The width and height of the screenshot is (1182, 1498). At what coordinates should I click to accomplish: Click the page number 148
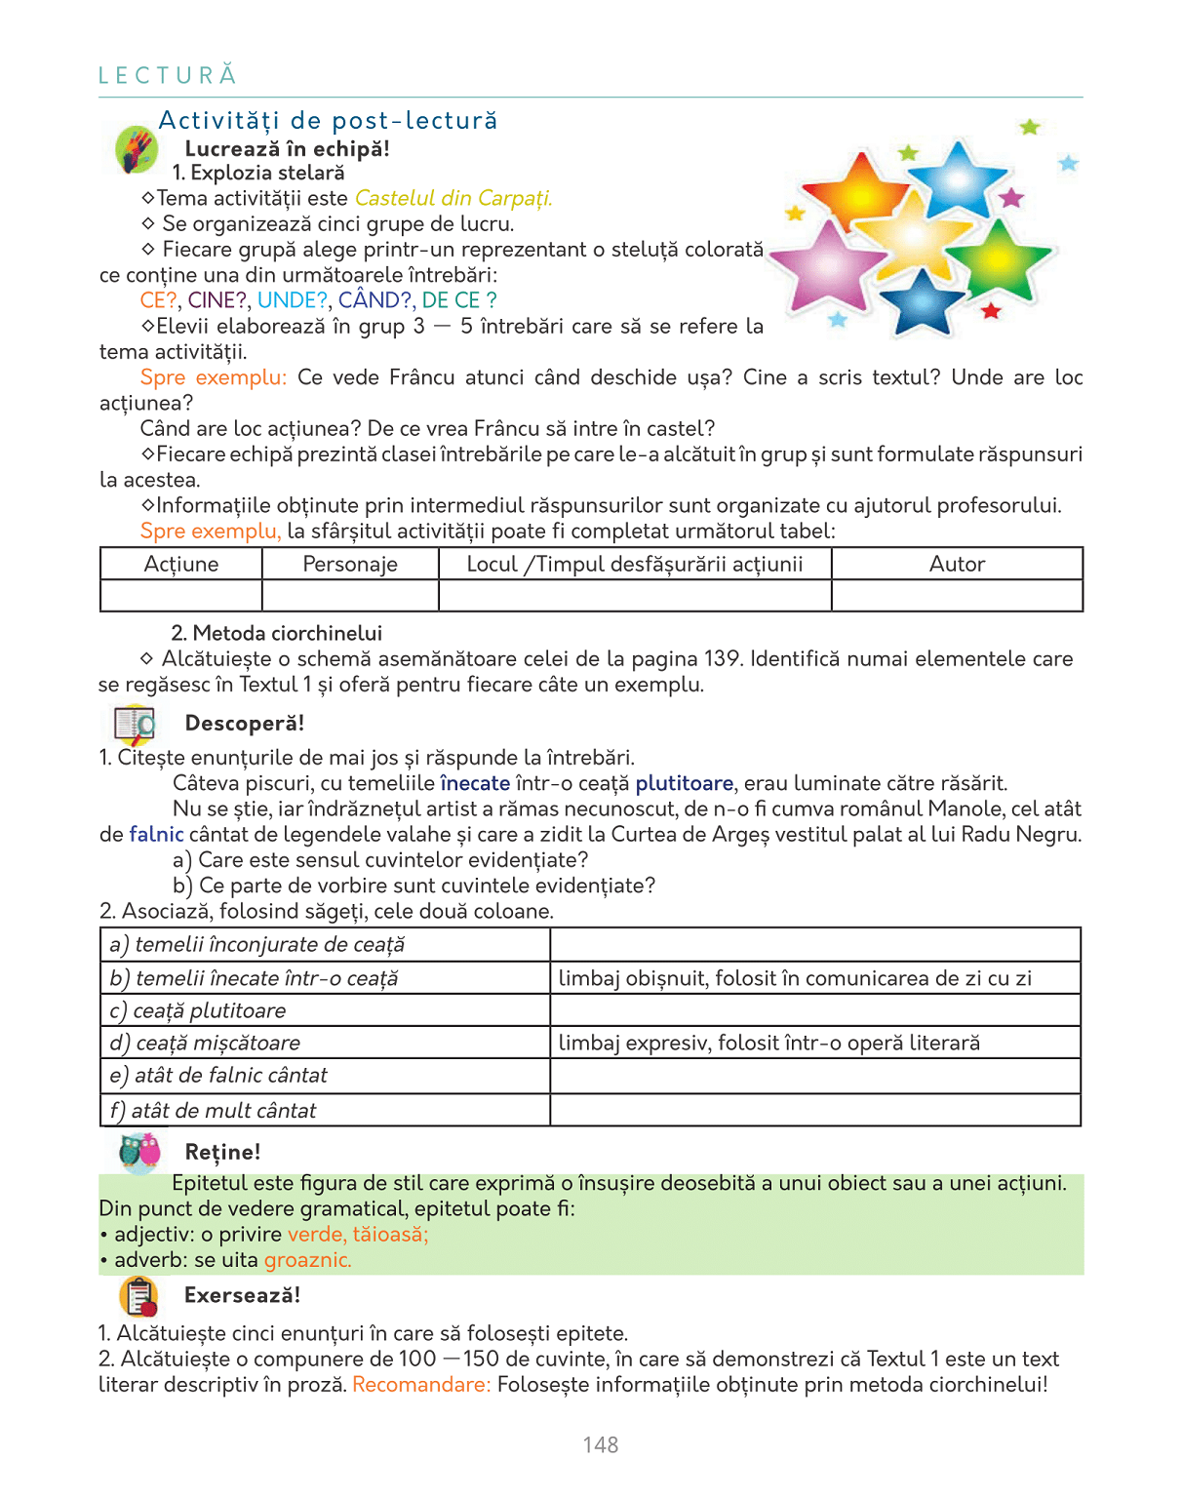point(601,1445)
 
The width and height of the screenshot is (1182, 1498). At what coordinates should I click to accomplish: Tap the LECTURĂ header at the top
point(168,75)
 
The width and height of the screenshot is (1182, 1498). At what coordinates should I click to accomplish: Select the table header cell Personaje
point(350,564)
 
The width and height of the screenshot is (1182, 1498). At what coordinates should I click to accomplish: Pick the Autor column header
point(957,564)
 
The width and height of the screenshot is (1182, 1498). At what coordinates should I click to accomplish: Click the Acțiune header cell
point(181,564)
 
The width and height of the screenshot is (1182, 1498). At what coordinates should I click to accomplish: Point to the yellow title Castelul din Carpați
point(453,198)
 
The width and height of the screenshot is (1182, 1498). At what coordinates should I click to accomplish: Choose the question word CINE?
point(217,300)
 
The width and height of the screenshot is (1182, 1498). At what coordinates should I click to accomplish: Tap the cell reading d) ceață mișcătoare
point(325,1043)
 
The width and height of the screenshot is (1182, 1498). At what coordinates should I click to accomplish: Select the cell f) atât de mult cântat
point(325,1110)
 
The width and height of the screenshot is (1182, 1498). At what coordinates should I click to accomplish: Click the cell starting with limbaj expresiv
point(815,1043)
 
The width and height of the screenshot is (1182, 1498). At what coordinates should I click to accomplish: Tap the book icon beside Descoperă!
point(135,724)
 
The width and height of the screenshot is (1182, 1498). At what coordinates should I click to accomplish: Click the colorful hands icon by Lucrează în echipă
point(136,150)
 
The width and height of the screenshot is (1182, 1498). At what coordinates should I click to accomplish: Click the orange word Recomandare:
point(421,1385)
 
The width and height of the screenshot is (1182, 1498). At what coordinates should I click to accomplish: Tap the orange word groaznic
point(307,1260)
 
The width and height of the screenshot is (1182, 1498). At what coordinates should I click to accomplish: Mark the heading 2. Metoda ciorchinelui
point(276,633)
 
